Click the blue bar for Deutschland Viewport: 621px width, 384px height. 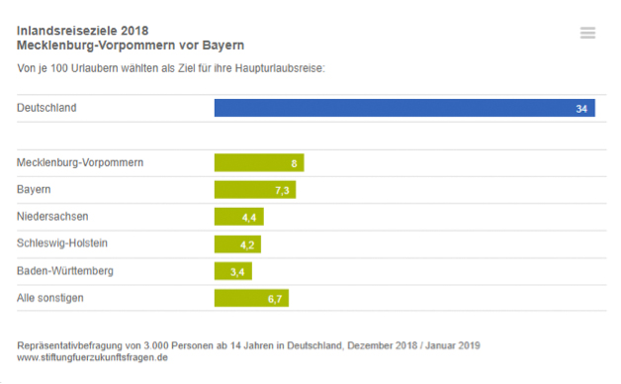pyautogui.click(x=403, y=108)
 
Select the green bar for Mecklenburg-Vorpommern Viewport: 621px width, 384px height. pyautogui.click(x=259, y=162)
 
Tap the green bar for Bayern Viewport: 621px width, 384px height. pyautogui.click(x=255, y=189)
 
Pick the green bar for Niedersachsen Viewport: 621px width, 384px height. pyautogui.click(x=238, y=216)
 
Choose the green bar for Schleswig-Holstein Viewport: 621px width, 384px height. pyautogui.click(x=237, y=243)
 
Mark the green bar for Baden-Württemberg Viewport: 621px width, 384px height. pyautogui.click(x=233, y=270)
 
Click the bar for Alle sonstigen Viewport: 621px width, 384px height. pyautogui.click(x=251, y=297)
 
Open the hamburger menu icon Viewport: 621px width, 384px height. pyautogui.click(x=587, y=33)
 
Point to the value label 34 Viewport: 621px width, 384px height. pyautogui.click(x=581, y=108)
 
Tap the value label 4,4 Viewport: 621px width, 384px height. pyautogui.click(x=249, y=217)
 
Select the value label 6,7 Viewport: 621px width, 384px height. pyautogui.click(x=275, y=298)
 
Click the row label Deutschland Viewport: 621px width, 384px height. pyautogui.click(x=46, y=108)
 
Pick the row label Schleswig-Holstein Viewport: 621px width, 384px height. pyautogui.click(x=62, y=243)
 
